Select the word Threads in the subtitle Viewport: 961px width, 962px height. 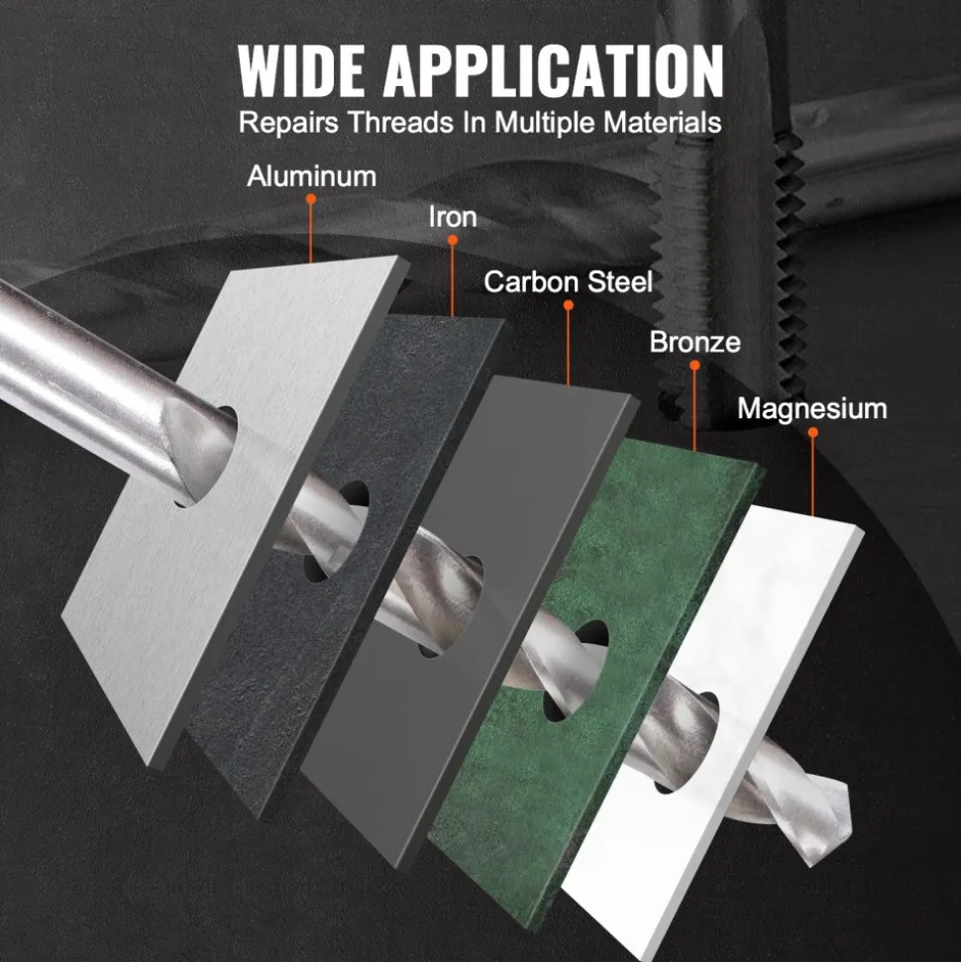tap(401, 123)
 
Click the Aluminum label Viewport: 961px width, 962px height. tap(312, 176)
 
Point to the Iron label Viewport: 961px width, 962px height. tap(453, 217)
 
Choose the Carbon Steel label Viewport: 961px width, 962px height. tap(569, 281)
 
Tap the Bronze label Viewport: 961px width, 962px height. tap(695, 343)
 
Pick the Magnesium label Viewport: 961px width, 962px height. tap(812, 408)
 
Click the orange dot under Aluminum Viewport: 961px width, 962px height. tap(311, 199)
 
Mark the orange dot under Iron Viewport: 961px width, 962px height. tap(453, 241)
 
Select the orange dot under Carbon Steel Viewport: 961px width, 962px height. tap(569, 305)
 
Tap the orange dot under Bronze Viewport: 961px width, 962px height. tap(694, 366)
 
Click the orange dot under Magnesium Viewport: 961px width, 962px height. tap(813, 433)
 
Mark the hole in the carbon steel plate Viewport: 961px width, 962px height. tap(451, 606)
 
